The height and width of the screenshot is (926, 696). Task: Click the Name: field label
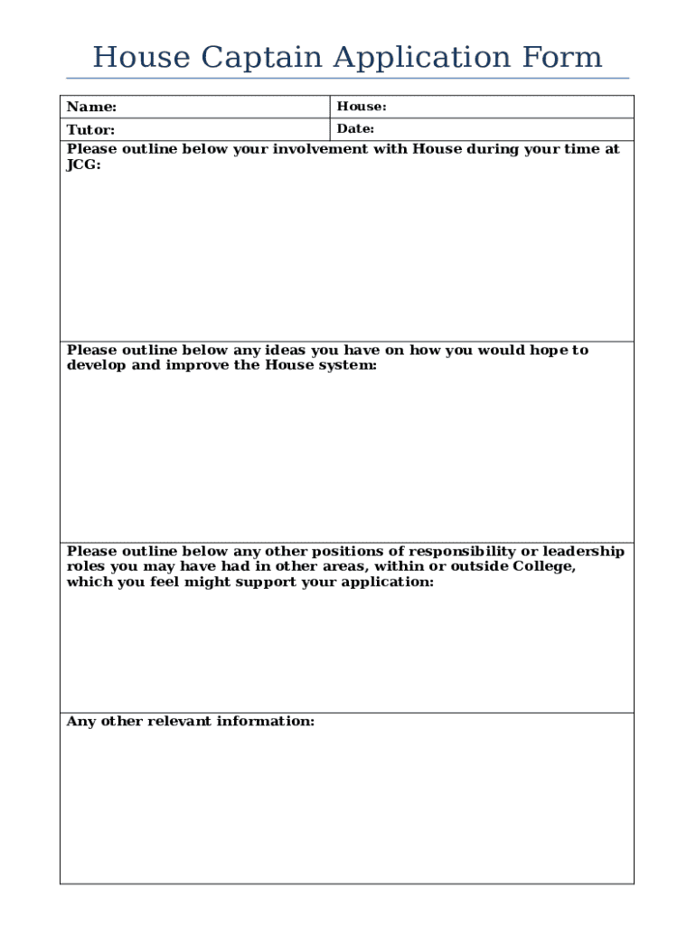click(91, 108)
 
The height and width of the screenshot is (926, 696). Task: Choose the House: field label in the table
click(362, 107)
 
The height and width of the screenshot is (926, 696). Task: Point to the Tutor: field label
click(90, 130)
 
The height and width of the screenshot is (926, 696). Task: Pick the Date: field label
click(355, 129)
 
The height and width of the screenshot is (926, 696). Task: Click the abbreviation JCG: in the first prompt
click(84, 165)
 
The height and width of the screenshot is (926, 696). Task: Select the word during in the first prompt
click(494, 149)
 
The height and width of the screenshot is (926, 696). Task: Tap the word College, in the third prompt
click(544, 567)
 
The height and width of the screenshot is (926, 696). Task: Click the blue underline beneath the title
click(348, 78)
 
